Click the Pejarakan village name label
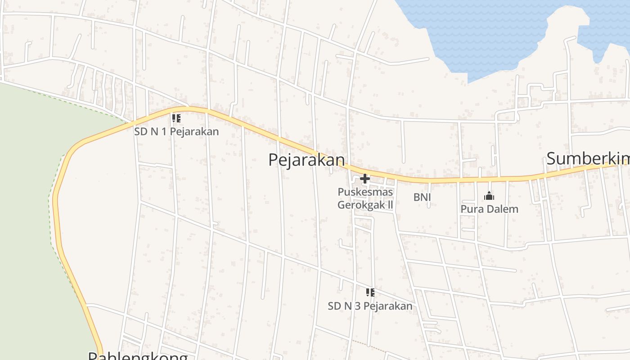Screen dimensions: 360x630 [306, 160]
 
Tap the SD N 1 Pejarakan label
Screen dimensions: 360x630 [176, 131]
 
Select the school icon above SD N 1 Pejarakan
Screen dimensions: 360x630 [176, 118]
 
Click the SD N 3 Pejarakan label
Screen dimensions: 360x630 [370, 306]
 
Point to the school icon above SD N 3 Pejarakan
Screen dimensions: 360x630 [370, 293]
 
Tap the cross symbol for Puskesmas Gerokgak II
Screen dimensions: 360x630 [365, 179]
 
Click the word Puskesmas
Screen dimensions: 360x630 [365, 192]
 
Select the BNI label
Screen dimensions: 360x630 [422, 197]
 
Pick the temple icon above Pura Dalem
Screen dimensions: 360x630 [489, 196]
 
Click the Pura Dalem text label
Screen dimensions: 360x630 [489, 209]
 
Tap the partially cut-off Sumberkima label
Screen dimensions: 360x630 [588, 159]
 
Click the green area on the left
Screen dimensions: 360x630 [22, 202]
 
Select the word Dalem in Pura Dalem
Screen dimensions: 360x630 [500, 209]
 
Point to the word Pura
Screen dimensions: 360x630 [470, 209]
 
